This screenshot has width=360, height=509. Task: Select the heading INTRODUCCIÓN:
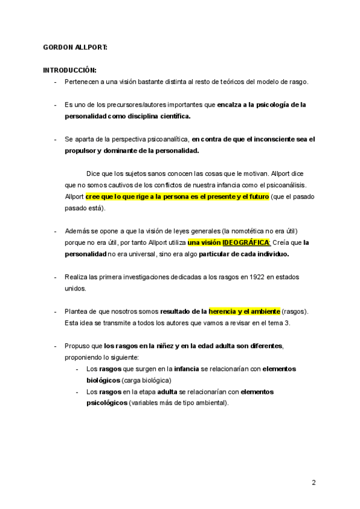pos(70,70)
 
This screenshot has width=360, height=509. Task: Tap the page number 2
pos(313,482)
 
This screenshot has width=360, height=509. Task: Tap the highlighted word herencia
pos(226,311)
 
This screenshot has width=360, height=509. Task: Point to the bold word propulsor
pos(82,150)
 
